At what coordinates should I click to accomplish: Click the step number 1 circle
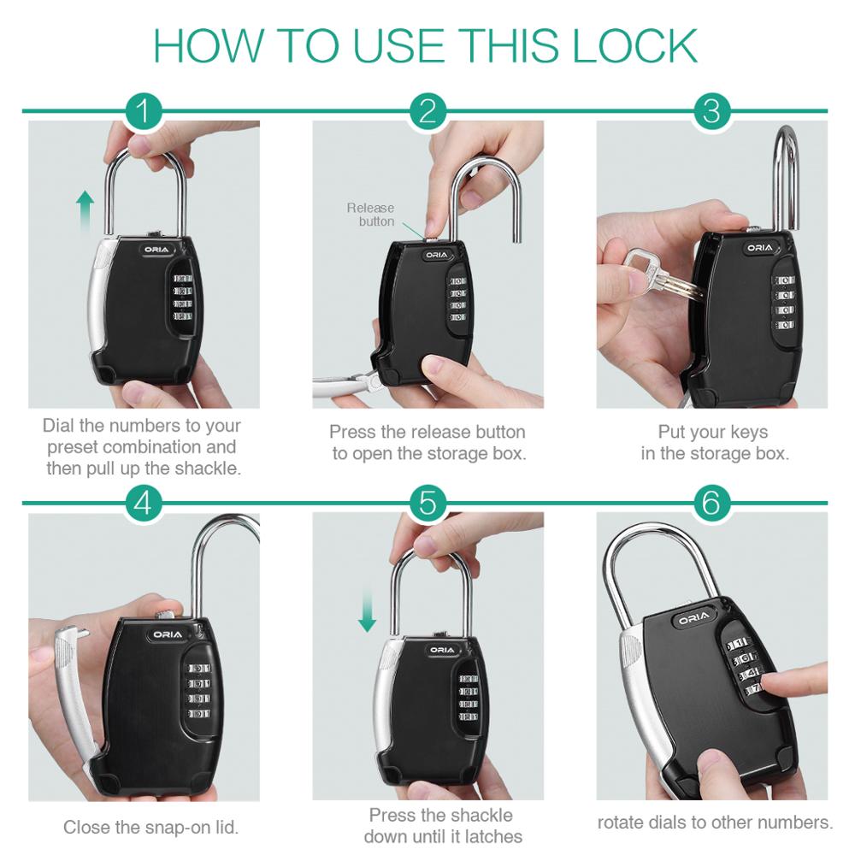point(143,111)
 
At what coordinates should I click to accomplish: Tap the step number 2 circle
point(427,111)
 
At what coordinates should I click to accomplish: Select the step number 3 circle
point(711,111)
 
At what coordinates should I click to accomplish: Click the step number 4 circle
point(143,503)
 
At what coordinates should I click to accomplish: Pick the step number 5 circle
point(427,503)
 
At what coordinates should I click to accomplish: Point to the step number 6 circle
point(711,503)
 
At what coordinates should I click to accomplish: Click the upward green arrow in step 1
point(85,211)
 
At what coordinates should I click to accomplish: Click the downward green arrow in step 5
point(368,610)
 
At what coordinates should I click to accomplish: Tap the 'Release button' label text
point(371,215)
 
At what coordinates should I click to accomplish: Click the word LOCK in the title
point(634,46)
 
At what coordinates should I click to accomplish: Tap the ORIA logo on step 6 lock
point(694,616)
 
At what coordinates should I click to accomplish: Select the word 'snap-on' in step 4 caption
point(174,828)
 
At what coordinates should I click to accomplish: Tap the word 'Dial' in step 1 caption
point(59,425)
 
